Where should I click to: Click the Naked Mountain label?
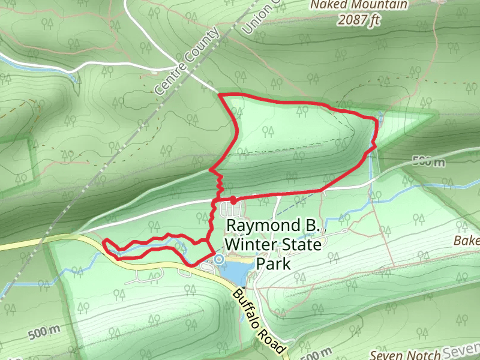(x=359, y=5)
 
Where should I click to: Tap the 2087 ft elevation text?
(x=359, y=19)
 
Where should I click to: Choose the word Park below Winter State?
(x=273, y=264)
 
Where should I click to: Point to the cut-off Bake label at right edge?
(x=467, y=241)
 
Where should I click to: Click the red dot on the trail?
(x=233, y=199)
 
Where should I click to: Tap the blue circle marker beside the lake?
(x=219, y=259)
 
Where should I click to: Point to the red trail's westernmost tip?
(x=104, y=243)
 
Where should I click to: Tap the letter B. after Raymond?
(x=314, y=226)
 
